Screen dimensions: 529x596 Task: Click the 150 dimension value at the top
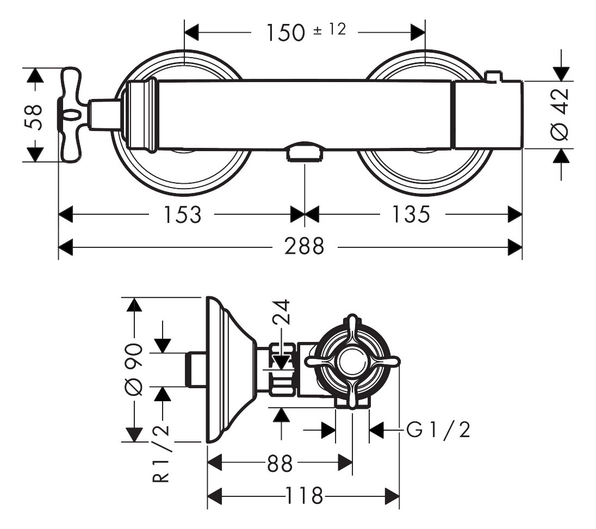(x=285, y=33)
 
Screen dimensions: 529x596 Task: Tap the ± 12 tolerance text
(x=330, y=29)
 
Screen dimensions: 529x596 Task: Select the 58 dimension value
(x=36, y=116)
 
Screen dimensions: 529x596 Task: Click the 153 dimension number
(x=181, y=215)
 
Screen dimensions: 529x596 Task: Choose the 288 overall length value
(x=303, y=248)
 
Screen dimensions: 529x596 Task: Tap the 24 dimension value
(x=281, y=313)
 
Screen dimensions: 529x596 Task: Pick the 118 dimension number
(x=303, y=496)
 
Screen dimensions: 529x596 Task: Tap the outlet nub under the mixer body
(x=305, y=152)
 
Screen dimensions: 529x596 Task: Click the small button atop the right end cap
(x=493, y=77)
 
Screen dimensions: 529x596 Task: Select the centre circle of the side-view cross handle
(x=352, y=361)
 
